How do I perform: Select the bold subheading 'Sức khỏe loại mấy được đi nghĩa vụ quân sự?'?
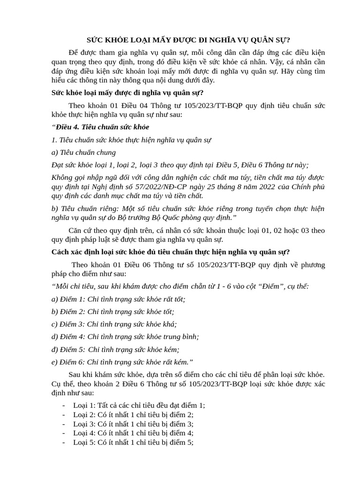(x=127, y=92)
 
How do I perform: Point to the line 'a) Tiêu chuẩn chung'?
(x=83, y=152)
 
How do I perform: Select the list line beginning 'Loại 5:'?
(x=133, y=442)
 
